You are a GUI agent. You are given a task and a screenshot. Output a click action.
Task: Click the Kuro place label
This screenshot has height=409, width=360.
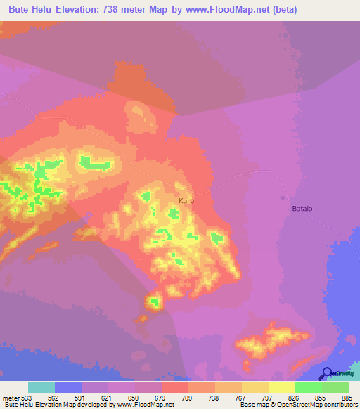coord(186,201)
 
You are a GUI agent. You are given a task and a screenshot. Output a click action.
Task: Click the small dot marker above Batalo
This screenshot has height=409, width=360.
coord(284,197)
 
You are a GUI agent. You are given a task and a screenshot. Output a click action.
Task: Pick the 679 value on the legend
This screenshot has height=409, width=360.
coord(162,397)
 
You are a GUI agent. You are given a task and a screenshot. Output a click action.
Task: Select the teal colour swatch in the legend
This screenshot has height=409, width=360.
coord(41,387)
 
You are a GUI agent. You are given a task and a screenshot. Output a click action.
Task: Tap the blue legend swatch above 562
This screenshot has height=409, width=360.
coord(68,387)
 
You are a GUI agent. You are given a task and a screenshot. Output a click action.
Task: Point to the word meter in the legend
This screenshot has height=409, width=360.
coord(10,397)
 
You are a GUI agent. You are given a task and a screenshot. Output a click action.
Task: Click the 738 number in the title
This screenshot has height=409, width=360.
coord(133,10)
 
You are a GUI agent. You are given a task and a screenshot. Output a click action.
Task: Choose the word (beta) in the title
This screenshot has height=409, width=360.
coord(281,10)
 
